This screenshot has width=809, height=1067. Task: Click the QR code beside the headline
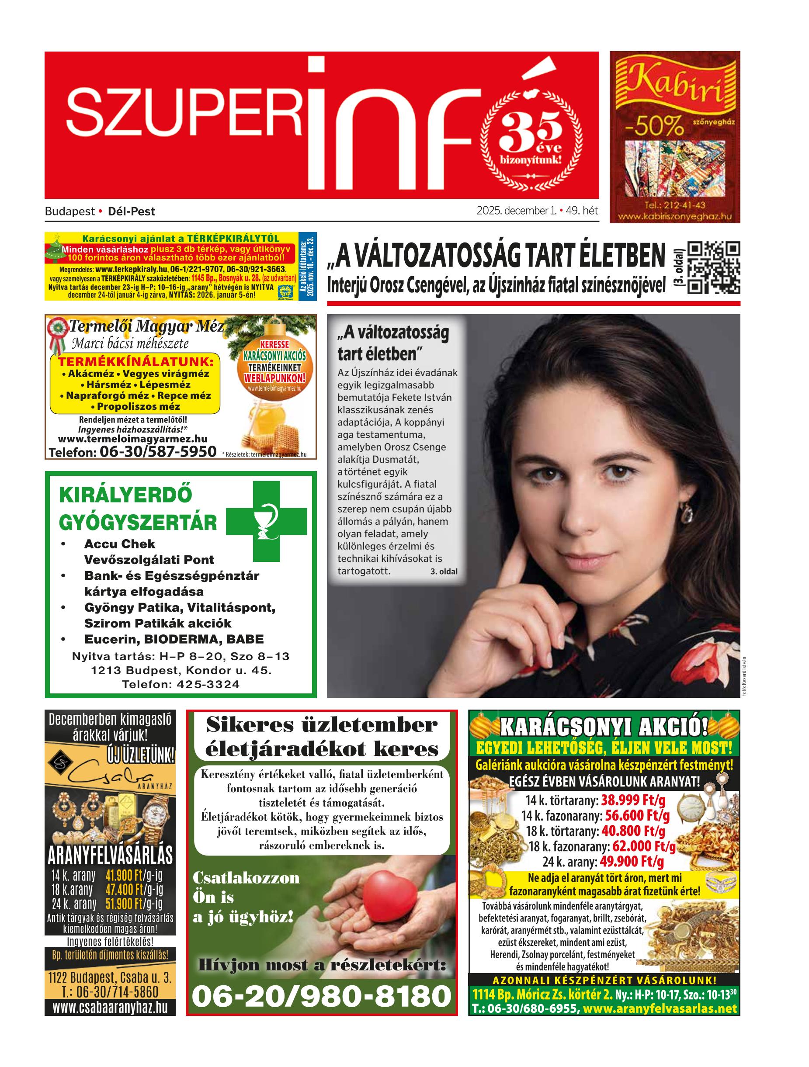713,267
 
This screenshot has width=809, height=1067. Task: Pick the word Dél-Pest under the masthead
132,211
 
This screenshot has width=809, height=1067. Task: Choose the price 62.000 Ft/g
644,846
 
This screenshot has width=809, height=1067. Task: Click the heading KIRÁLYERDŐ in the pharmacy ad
125,495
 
